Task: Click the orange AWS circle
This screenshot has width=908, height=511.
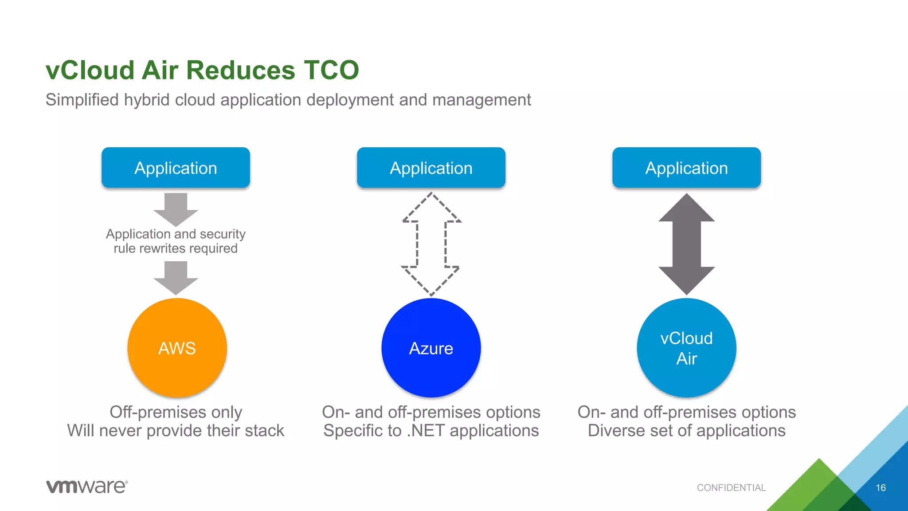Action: tap(177, 348)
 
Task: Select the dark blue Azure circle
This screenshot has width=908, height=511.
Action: tap(431, 348)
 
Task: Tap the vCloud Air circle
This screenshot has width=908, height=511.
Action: tap(686, 348)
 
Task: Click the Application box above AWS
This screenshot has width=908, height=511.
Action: tap(176, 168)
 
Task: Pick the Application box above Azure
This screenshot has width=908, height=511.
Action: tap(431, 168)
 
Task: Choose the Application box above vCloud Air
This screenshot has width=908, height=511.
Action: tap(686, 168)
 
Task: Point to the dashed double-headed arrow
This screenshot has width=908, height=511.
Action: tap(431, 244)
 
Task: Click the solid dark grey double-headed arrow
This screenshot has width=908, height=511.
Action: tap(686, 244)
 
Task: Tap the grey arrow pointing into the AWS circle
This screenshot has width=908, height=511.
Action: tap(176, 278)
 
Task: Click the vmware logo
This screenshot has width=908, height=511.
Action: tap(87, 486)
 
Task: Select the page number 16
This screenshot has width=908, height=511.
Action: tap(881, 487)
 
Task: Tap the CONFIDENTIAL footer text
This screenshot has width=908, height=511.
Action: tap(731, 487)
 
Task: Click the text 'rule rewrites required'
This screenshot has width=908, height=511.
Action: tap(176, 248)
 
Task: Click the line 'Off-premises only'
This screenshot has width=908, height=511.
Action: tap(176, 412)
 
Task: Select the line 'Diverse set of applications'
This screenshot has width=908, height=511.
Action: tap(686, 431)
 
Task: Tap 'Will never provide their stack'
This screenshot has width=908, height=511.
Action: tap(176, 431)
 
